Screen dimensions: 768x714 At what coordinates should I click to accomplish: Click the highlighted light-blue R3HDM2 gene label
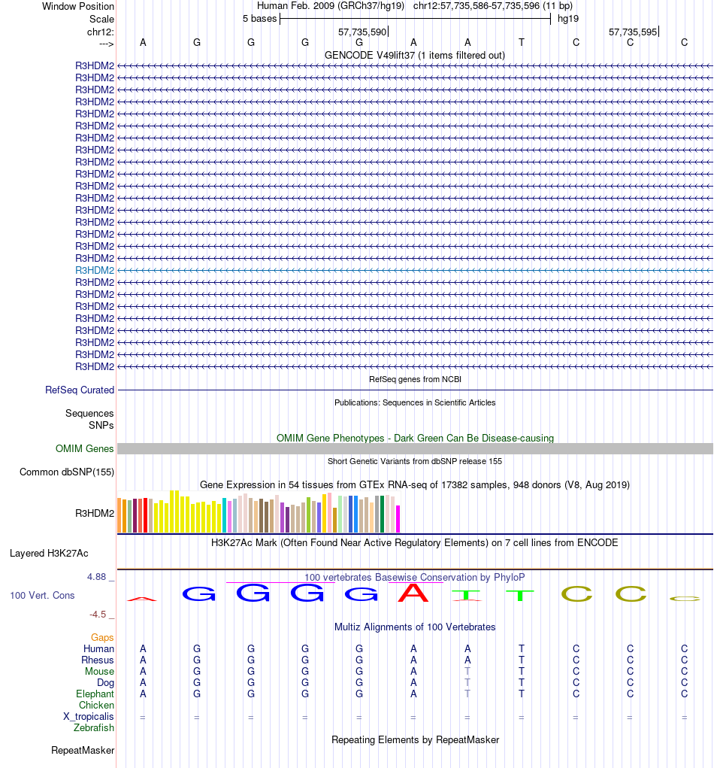point(95,270)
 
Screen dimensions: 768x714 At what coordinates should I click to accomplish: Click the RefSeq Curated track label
point(80,390)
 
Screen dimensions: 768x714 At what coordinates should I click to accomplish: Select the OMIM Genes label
point(85,449)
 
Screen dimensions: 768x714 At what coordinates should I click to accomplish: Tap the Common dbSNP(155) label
point(66,472)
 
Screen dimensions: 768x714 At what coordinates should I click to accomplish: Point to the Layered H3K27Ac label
point(49,554)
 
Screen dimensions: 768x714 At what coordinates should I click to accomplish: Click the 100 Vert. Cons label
point(42,596)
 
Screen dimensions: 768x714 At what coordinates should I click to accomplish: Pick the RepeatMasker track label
point(83,751)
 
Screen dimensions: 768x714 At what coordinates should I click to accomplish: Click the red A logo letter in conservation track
point(413,593)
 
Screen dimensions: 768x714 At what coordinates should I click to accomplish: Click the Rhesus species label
point(98,660)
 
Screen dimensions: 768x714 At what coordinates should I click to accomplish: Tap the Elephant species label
point(95,694)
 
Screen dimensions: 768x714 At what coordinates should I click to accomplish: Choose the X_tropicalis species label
point(89,717)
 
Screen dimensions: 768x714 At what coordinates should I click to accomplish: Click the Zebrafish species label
point(94,728)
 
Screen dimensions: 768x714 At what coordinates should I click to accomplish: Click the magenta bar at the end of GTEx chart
point(398,518)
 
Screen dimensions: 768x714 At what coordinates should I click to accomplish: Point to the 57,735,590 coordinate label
point(362,32)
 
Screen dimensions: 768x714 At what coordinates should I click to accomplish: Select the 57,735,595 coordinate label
point(633,32)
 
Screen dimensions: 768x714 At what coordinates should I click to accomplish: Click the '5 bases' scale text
point(259,19)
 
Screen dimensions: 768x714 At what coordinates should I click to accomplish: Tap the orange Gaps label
point(102,638)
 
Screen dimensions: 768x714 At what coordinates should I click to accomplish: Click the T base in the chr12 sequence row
point(522,43)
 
